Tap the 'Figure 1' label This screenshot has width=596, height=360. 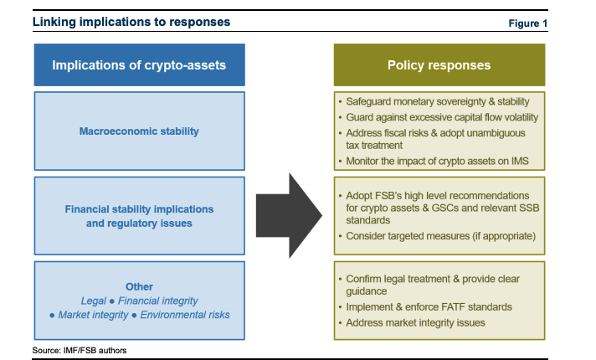click(x=528, y=23)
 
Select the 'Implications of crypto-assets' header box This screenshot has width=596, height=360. click(x=139, y=65)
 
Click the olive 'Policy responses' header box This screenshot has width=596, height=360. click(x=439, y=65)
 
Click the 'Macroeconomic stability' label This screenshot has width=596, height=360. click(x=139, y=131)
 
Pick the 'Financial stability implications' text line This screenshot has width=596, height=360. click(x=139, y=208)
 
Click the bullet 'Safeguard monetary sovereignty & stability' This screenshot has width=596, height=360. click(x=437, y=102)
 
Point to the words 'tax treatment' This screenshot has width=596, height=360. click(x=373, y=145)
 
